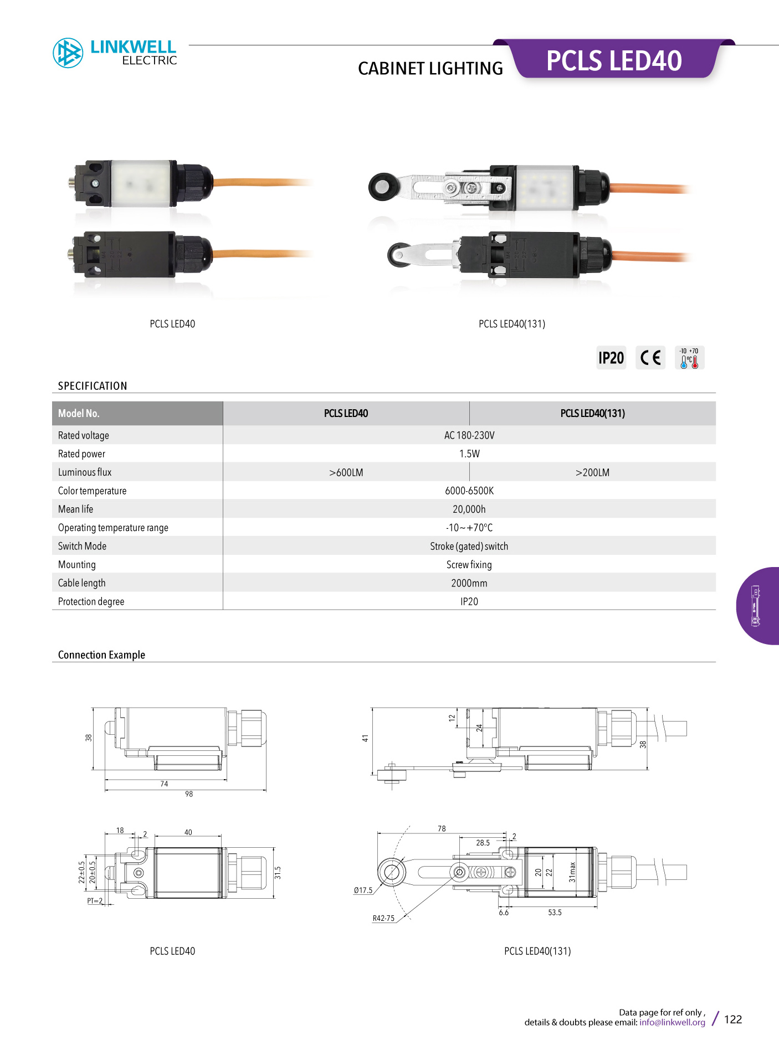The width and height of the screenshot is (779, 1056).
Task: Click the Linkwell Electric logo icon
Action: click(x=68, y=53)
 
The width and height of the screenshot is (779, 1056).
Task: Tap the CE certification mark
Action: click(x=650, y=358)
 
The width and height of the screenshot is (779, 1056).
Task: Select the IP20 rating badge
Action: click(x=611, y=358)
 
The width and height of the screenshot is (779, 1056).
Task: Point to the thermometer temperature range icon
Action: click(x=689, y=358)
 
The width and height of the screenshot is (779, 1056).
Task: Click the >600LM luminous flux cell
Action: click(x=346, y=472)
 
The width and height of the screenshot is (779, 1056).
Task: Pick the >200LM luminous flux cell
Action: click(x=592, y=472)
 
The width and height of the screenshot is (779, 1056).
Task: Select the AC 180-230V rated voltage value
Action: click(x=469, y=435)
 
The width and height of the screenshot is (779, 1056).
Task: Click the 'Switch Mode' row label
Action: click(x=82, y=546)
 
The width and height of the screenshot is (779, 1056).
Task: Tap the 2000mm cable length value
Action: click(x=469, y=583)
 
